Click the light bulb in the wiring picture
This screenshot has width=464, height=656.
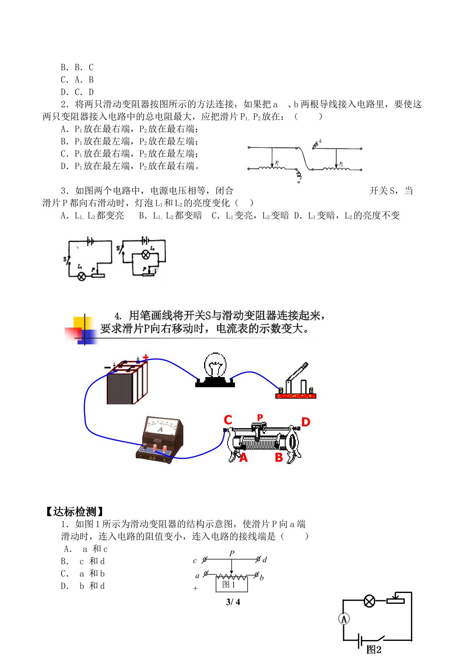coord(215,370)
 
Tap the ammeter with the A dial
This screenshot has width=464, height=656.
coord(160,439)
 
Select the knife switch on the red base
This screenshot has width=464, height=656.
coord(296,381)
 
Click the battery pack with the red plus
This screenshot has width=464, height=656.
coord(127,381)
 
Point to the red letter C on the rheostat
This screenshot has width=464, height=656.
coord(228,420)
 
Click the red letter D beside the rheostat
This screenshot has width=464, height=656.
coord(305,422)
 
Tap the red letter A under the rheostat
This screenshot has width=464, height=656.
coord(243,457)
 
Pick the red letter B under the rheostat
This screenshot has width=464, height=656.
coord(279,457)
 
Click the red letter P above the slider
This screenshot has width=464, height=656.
coord(260,417)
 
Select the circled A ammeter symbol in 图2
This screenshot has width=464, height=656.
coord(344,619)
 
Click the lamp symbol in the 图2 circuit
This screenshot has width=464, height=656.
coord(369,601)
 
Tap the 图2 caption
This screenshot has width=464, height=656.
coord(374,649)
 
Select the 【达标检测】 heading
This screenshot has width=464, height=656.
coord(75,511)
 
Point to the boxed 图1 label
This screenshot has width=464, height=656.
coord(229,584)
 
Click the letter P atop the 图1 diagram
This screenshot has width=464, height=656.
coord(232,553)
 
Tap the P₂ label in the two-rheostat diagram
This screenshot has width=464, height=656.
coord(341,164)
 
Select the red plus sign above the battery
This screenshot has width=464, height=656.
coord(146,357)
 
